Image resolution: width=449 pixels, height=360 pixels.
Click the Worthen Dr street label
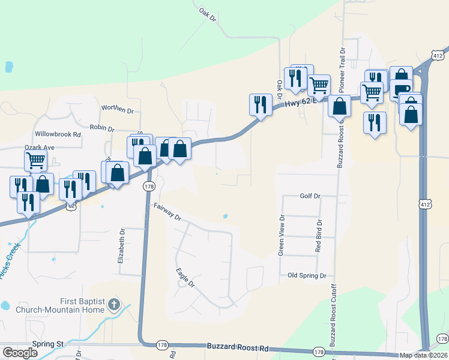click(x=117, y=109)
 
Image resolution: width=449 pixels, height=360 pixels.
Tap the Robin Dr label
click(x=101, y=127)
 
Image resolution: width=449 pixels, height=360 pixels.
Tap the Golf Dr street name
click(x=310, y=196)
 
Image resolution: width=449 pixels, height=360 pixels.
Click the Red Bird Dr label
click(x=319, y=235)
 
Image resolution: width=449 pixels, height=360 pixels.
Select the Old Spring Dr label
click(x=306, y=275)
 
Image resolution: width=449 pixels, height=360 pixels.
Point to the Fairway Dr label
click(x=167, y=213)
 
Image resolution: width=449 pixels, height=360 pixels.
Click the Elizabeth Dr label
click(x=123, y=245)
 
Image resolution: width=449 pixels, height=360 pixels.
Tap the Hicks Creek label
click(x=10, y=259)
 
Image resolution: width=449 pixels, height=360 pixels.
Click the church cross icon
click(x=115, y=305)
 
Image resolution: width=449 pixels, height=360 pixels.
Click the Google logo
click(x=20, y=353)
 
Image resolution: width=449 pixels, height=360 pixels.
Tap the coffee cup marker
click(x=401, y=90)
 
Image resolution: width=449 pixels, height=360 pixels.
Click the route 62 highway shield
click(x=71, y=205)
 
